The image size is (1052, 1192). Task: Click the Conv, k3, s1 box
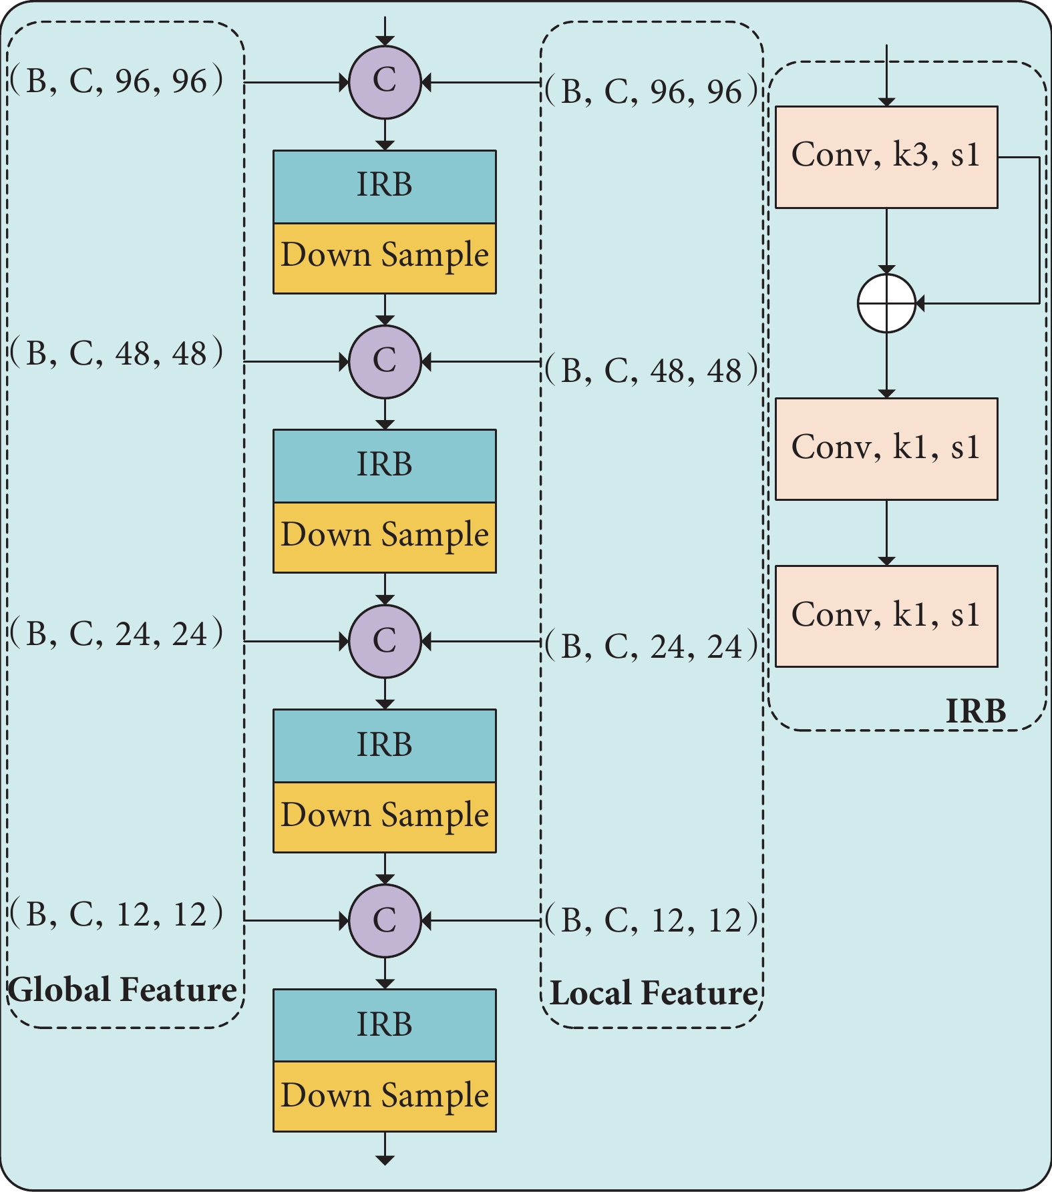[886, 157]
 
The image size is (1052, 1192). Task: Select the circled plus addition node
[886, 303]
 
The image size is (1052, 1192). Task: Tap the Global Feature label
[122, 990]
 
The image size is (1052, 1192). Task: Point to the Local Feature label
[654, 993]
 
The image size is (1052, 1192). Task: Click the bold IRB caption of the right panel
[976, 711]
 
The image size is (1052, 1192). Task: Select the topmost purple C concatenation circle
[385, 82]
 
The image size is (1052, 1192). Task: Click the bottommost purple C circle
[385, 921]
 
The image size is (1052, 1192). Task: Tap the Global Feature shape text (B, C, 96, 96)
[117, 81]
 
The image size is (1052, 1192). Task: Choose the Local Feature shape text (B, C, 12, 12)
[652, 920]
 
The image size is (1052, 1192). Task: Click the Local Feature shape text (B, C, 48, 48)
[652, 371]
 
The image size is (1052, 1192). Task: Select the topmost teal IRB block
[385, 186]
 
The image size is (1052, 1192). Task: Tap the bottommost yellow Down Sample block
[385, 1097]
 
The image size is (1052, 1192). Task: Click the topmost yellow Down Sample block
[385, 258]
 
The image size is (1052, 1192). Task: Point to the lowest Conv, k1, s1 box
[886, 616]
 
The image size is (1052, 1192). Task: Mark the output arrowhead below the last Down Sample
[385, 1160]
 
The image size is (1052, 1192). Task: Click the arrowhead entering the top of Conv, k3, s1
[886, 102]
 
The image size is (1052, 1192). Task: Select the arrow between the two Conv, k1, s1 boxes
[886, 532]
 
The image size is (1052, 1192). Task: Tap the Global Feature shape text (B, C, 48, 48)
[117, 353]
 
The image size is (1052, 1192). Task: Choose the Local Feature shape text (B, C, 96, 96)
[652, 91]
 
